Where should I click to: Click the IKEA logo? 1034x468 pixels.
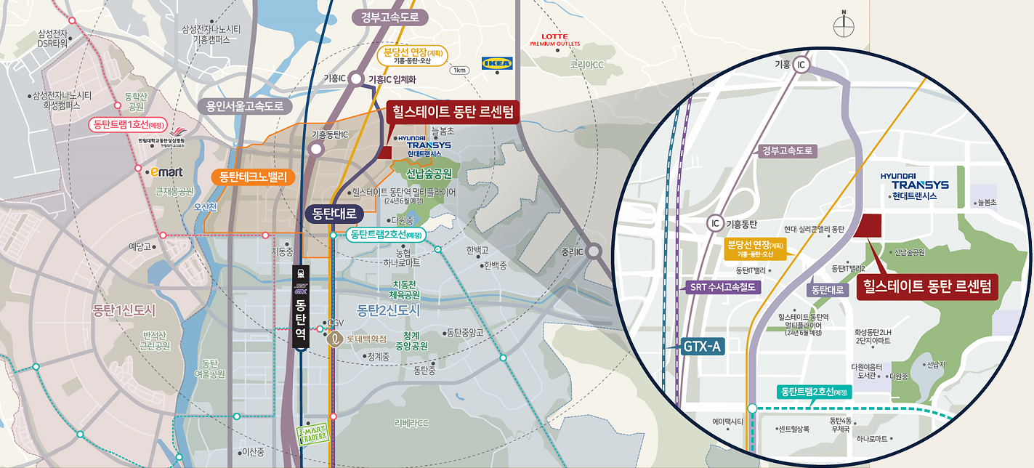click(x=498, y=63)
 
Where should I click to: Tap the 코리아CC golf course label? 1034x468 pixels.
click(x=587, y=65)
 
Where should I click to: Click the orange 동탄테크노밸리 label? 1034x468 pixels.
click(x=253, y=176)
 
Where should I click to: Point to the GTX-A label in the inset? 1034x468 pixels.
click(x=702, y=347)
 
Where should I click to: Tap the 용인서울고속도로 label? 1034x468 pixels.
click(x=245, y=107)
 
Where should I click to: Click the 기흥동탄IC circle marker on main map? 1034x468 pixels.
click(x=316, y=149)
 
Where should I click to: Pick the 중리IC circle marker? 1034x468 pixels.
click(x=594, y=251)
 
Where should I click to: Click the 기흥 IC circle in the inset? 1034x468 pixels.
click(x=801, y=64)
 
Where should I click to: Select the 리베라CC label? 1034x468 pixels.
click(x=411, y=423)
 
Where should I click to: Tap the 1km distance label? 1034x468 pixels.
click(x=460, y=70)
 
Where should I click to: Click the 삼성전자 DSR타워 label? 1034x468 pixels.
click(x=52, y=38)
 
